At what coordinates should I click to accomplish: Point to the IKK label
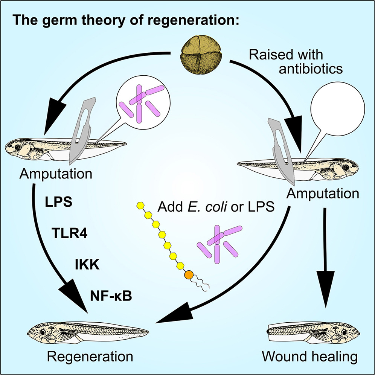click(87, 265)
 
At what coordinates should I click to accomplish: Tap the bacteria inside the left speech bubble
click(143, 100)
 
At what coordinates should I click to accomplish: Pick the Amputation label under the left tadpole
click(56, 174)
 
